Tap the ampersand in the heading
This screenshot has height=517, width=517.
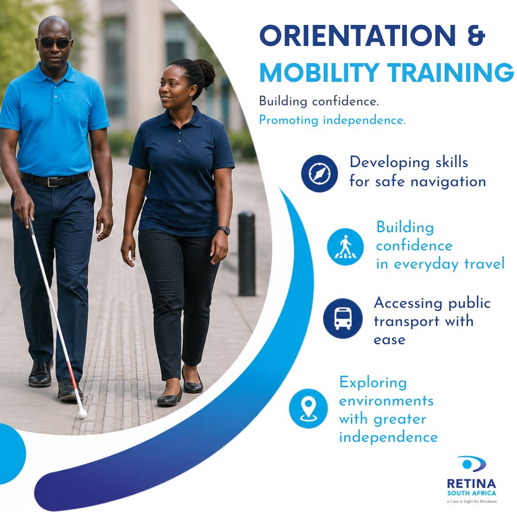pos(475,36)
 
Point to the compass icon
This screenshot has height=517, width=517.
pos(319,173)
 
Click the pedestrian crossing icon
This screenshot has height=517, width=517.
pos(345,247)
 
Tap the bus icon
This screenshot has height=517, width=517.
pos(342,318)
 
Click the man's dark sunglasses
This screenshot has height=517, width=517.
pos(55,43)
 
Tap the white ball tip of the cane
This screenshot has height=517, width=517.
pos(82,413)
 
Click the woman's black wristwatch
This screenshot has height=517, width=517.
pos(224,230)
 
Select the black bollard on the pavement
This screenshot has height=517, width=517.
pos(247,254)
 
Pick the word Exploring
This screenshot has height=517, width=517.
pos(373,382)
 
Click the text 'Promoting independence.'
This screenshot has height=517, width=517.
pos(332,120)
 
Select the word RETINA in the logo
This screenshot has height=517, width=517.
pos(471,484)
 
